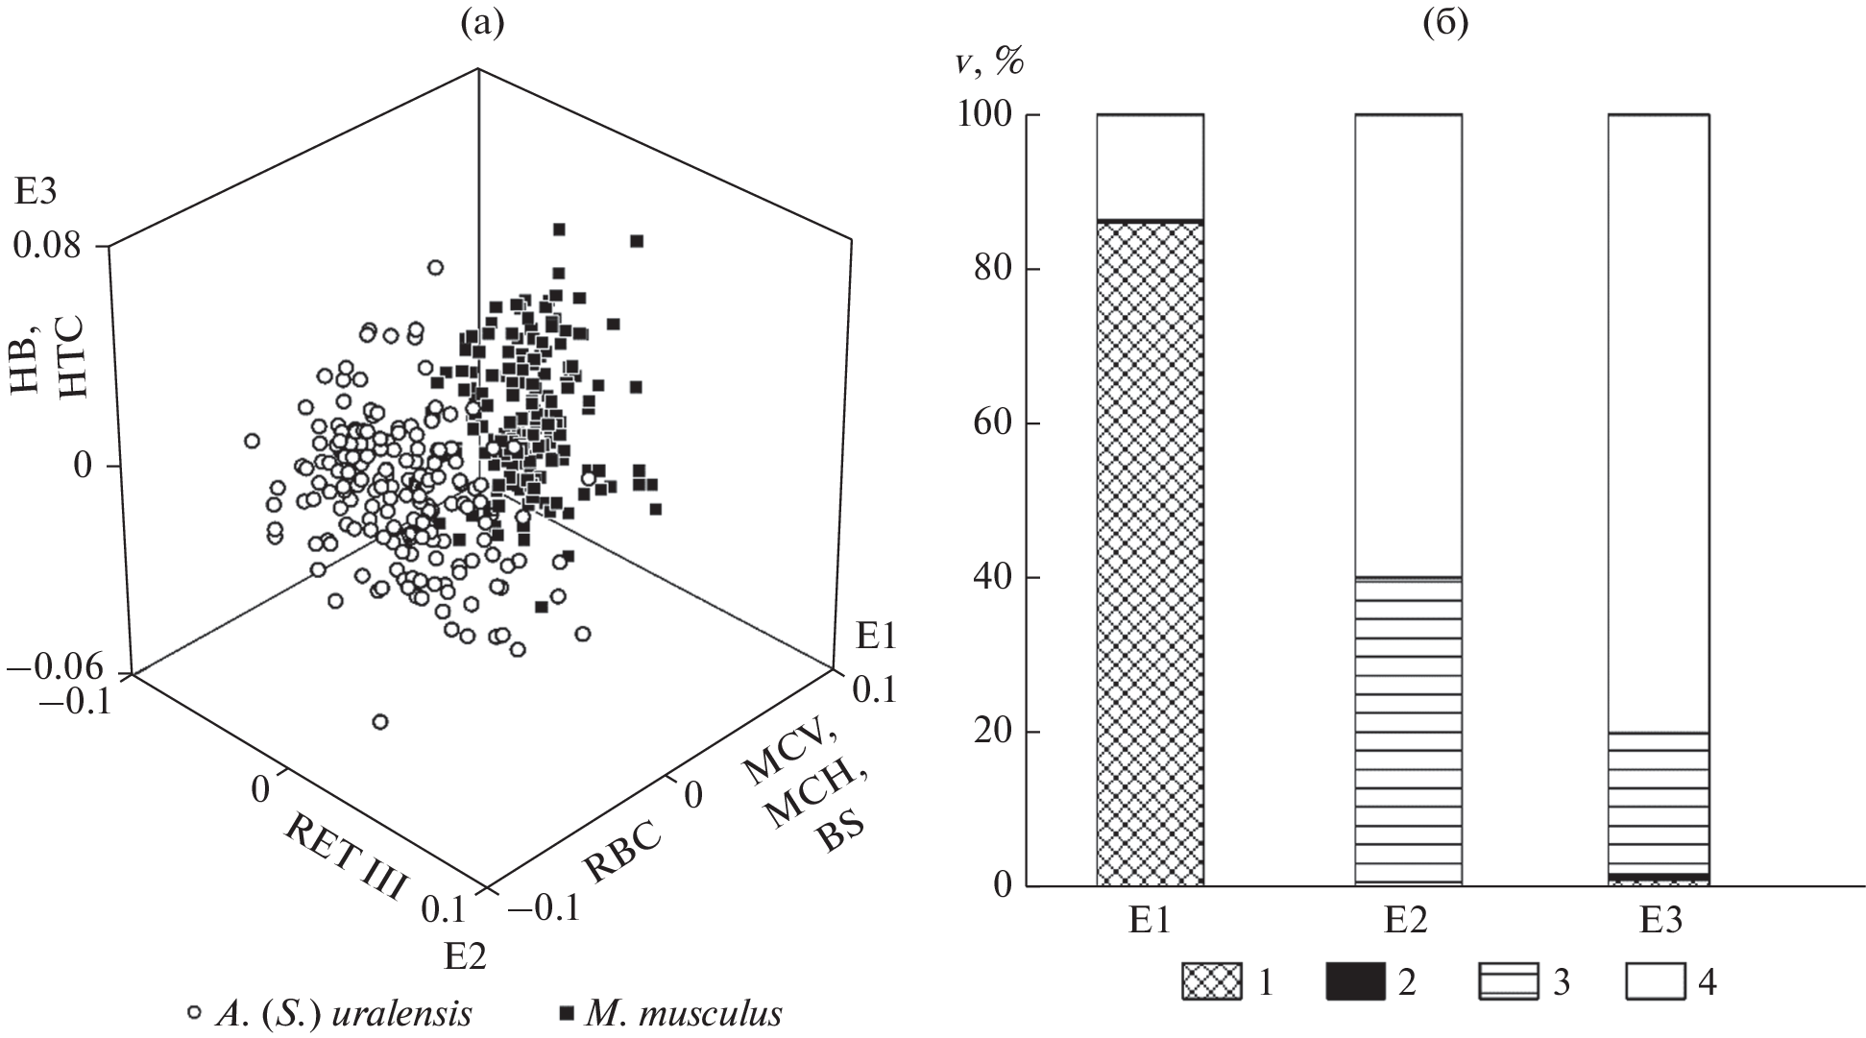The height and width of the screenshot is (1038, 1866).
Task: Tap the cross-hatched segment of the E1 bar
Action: click(x=1150, y=552)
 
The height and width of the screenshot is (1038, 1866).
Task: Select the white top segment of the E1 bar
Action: click(x=1150, y=168)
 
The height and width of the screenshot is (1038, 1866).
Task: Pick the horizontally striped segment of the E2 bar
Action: click(x=1408, y=730)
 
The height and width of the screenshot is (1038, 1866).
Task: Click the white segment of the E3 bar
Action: click(x=1658, y=422)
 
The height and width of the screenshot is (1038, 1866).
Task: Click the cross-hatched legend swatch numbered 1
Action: click(x=1212, y=982)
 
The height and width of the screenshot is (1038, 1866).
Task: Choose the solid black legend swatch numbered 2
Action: click(x=1355, y=982)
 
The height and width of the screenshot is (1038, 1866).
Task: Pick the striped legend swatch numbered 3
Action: click(x=1510, y=982)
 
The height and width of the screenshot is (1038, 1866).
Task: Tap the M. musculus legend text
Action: click(x=683, y=1013)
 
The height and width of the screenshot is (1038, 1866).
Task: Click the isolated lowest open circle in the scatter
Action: click(x=379, y=721)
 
